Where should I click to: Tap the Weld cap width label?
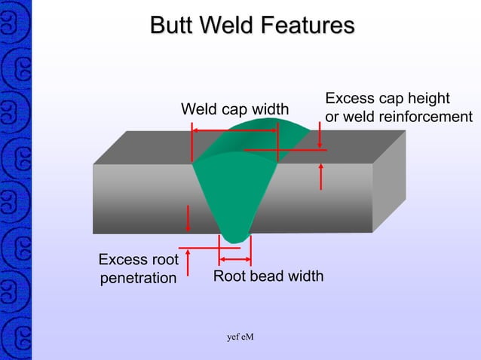tap(234, 110)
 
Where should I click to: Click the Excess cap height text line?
tap(387, 99)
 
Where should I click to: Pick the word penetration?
tap(138, 278)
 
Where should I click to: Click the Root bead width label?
tap(268, 276)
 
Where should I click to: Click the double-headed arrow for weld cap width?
tap(235, 130)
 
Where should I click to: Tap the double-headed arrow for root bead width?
tap(234, 259)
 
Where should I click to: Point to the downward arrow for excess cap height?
tap(320, 136)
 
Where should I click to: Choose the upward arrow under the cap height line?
tap(322, 177)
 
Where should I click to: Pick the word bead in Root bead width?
tap(268, 276)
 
